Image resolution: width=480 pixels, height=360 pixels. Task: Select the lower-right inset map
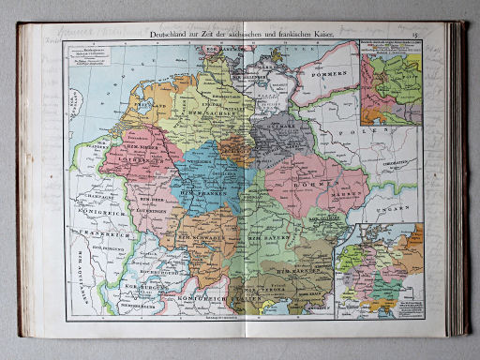(381, 270)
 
